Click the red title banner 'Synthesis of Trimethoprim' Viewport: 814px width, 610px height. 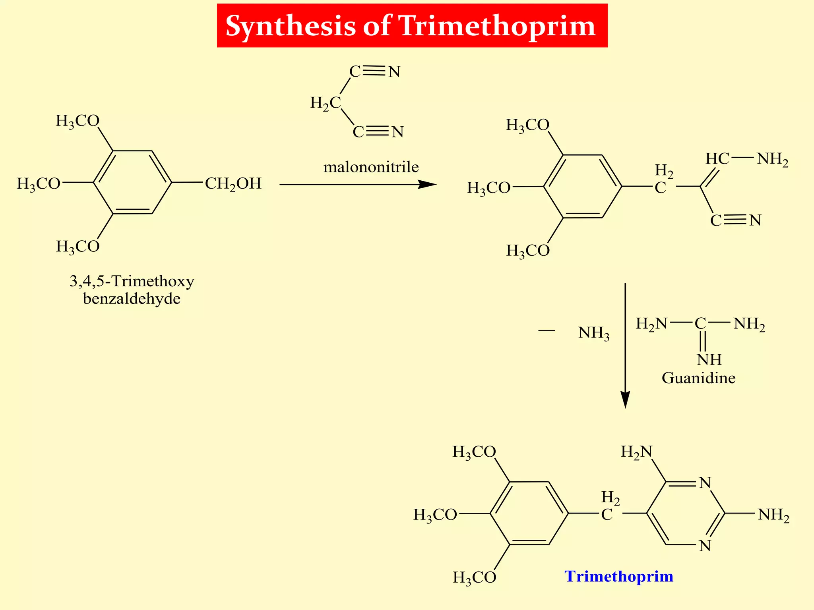point(412,26)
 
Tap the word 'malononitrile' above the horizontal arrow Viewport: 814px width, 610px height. point(371,167)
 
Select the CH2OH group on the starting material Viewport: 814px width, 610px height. point(233,183)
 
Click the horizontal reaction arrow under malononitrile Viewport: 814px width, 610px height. point(358,184)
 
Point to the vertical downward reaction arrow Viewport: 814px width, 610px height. point(625,346)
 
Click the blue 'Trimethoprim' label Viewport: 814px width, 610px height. point(619,576)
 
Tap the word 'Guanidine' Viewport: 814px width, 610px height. point(698,378)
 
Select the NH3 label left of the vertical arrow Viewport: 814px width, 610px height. point(593,333)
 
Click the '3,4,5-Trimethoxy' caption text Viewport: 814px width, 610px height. point(132,281)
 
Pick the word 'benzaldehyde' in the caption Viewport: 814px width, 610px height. point(132,299)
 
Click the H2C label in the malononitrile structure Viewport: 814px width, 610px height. point(326,103)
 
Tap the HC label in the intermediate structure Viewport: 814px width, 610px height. point(717,159)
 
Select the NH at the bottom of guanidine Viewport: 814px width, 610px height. point(709,359)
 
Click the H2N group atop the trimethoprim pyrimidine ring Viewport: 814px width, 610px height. point(636,452)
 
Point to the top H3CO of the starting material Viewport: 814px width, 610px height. point(78,121)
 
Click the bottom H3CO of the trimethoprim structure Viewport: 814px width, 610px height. point(475,577)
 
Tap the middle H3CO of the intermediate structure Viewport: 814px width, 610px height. point(488,188)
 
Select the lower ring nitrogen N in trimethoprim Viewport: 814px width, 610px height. point(705,546)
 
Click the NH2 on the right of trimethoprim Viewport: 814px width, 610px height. point(773,515)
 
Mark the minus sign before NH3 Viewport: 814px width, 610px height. point(546,330)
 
